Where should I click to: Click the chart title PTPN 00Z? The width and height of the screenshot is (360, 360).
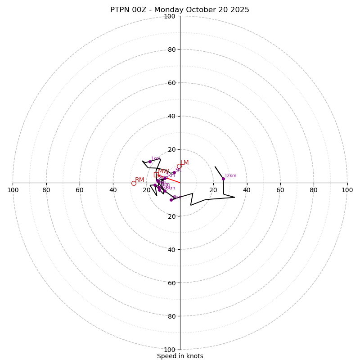(x=180, y=10)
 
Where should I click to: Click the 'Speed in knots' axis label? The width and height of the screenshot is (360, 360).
(x=180, y=356)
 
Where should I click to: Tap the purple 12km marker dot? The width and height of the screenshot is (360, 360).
(x=223, y=179)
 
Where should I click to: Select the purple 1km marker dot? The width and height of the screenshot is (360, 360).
(x=150, y=162)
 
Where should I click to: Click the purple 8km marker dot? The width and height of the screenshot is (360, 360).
(x=171, y=200)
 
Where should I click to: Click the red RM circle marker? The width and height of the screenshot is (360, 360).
(x=134, y=183)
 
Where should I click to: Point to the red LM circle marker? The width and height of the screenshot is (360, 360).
(x=179, y=166)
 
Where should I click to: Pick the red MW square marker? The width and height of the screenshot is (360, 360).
(x=156, y=175)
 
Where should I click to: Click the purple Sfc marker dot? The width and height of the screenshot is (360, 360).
(x=174, y=172)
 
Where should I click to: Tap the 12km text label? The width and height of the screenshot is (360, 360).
(x=230, y=176)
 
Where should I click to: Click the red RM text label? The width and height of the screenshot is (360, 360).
(x=139, y=180)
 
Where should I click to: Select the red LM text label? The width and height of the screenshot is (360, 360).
(x=184, y=163)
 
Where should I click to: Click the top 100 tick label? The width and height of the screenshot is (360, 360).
(x=170, y=16)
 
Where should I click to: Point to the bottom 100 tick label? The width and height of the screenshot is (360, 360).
(x=170, y=349)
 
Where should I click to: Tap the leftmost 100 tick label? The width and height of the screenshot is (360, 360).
(x=13, y=190)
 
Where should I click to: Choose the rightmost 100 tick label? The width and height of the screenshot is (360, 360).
(x=347, y=190)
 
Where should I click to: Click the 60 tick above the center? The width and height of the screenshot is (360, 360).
(x=172, y=83)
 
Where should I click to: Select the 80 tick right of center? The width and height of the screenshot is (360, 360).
(x=314, y=190)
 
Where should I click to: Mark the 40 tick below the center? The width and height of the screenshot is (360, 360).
(x=172, y=249)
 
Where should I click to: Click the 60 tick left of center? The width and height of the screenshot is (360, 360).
(x=80, y=190)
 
